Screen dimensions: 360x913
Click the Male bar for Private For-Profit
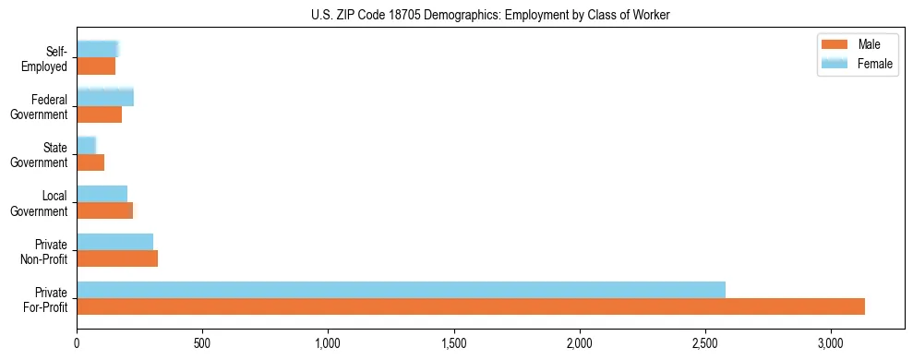(471, 306)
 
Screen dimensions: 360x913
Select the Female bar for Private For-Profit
(401, 290)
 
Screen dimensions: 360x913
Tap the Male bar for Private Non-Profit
(117, 258)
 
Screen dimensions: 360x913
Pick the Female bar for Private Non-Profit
(114, 242)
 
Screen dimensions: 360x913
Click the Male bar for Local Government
(104, 210)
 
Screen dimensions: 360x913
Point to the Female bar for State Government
(86, 145)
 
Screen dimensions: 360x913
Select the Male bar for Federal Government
(99, 114)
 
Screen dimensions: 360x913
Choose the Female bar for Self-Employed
(97, 49)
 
